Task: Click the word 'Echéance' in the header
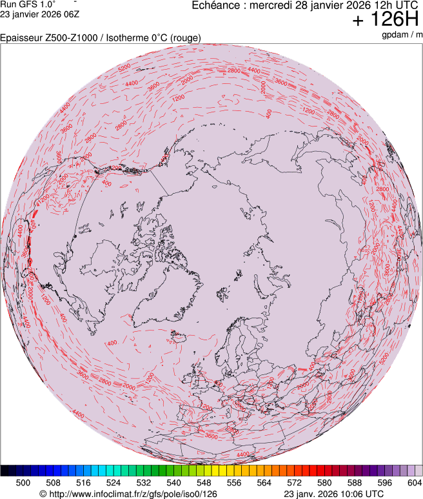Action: click(x=216, y=5)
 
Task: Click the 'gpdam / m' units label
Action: click(x=402, y=34)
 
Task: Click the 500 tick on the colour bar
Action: click(x=23, y=483)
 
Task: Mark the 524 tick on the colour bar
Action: click(x=113, y=483)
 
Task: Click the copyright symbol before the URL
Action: click(x=43, y=494)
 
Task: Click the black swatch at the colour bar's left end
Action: click(x=5, y=471)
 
